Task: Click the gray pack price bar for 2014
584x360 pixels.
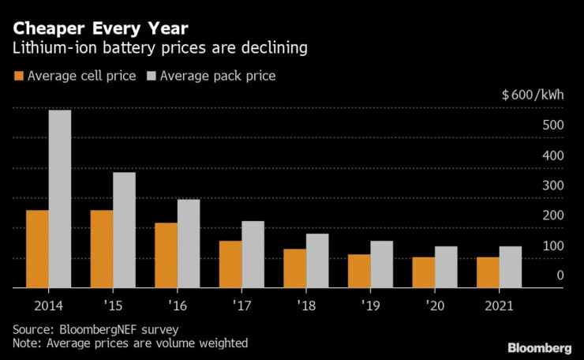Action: (59, 199)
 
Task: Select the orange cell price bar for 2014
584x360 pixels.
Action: (37, 249)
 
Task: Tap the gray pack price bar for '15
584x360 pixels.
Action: (124, 231)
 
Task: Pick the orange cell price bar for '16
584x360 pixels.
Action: (166, 256)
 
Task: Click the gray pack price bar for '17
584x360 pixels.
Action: (253, 255)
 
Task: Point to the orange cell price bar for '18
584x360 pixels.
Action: (294, 269)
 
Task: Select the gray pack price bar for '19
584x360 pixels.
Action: (381, 264)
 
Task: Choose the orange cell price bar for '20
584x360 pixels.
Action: (423, 273)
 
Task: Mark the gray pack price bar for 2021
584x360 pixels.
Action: (510, 268)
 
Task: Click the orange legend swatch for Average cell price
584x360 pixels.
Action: (18, 77)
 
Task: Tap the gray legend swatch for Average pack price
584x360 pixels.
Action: (151, 77)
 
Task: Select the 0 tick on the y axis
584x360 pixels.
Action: (560, 276)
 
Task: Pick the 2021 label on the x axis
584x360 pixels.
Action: (499, 306)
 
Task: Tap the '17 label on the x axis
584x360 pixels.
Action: (241, 306)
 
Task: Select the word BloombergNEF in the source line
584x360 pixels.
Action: (95, 328)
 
